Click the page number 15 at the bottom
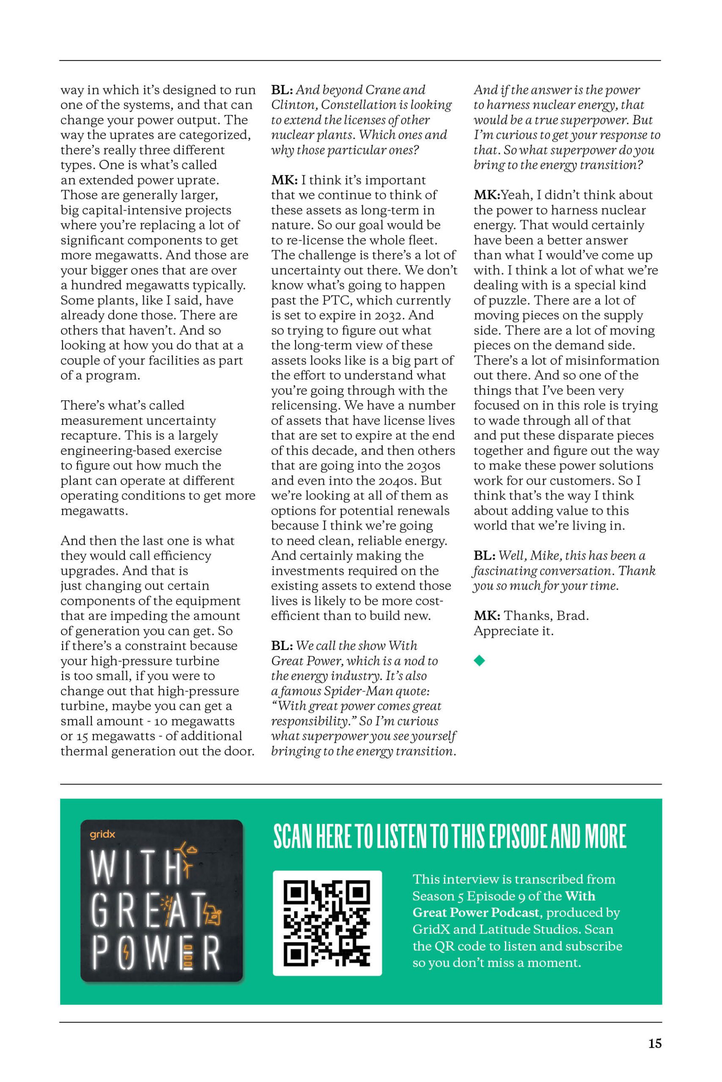(655, 1044)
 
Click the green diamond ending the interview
(479, 661)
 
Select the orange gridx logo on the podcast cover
(103, 834)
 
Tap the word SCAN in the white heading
(293, 837)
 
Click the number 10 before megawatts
(162, 721)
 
